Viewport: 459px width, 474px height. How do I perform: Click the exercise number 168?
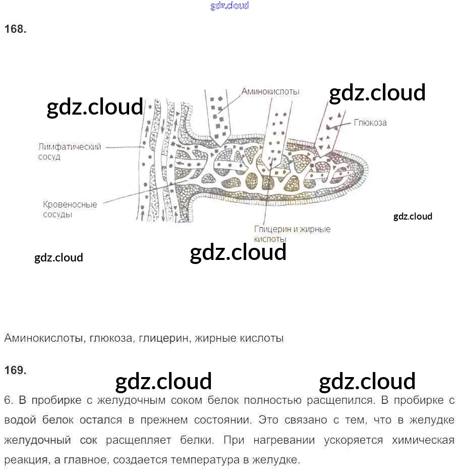pos(15,29)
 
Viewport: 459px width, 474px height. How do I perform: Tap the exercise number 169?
pos(15,370)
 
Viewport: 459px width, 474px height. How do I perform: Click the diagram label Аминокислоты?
pos(270,91)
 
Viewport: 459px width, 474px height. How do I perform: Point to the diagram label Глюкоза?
pos(370,122)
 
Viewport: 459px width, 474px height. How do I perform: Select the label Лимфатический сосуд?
pos(70,151)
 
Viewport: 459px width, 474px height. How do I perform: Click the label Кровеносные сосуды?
pos(70,209)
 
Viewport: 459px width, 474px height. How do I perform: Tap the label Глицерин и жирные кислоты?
pos(292,233)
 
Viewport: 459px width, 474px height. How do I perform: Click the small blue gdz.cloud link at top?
pos(229,6)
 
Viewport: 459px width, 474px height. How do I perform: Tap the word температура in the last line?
pos(200,460)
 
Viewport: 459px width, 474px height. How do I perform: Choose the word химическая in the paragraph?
pos(423,440)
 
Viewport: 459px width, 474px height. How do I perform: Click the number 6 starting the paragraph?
pos(8,400)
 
